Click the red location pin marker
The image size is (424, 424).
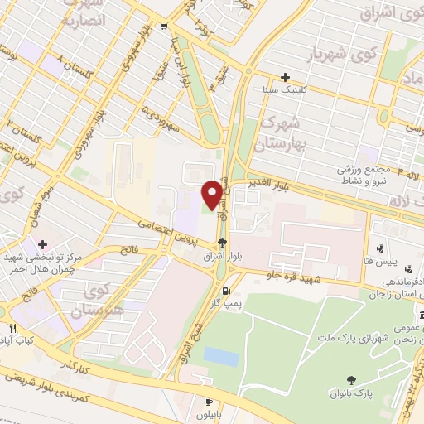(213, 195)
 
